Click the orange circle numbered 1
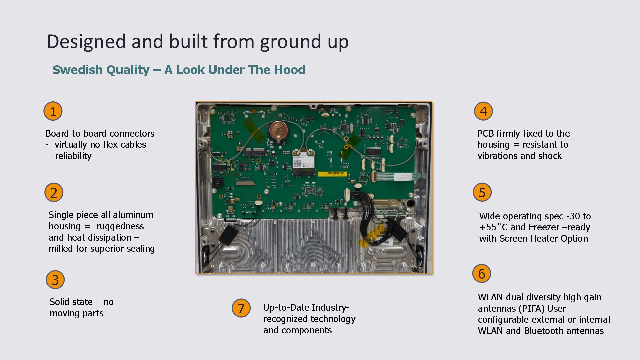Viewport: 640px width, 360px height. (53, 111)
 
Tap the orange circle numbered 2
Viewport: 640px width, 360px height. (54, 192)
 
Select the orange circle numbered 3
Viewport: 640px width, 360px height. (55, 280)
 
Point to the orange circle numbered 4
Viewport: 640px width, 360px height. (483, 111)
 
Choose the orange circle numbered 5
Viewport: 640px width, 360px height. (482, 192)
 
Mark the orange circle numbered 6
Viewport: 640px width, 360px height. (482, 274)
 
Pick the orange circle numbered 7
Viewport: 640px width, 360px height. (241, 308)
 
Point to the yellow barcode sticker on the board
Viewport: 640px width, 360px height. (332, 174)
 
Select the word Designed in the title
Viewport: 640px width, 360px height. (86, 42)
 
